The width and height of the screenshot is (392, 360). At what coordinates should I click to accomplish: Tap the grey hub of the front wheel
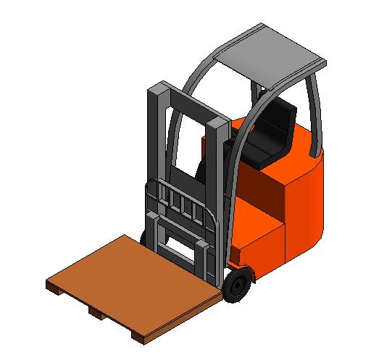[x=235, y=288]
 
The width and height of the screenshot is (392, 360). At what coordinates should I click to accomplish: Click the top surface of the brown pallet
[x=130, y=282]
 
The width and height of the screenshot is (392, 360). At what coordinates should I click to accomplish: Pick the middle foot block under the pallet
[x=96, y=313]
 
